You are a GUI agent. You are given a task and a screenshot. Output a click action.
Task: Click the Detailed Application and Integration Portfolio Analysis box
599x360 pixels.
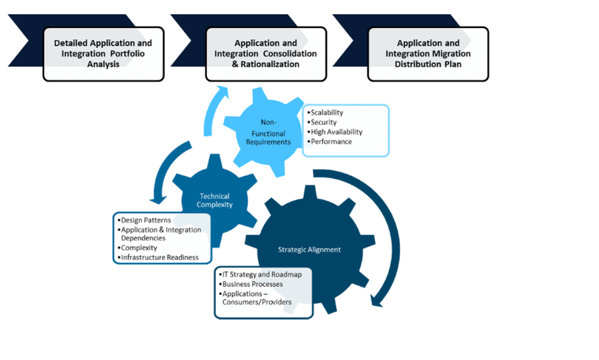point(102,54)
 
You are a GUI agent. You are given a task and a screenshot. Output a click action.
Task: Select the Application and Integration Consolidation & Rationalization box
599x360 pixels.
point(265,54)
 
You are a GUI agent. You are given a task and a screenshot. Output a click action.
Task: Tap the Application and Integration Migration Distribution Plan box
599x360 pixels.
point(428,54)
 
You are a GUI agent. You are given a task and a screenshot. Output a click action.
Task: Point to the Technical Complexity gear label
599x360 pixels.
point(214,201)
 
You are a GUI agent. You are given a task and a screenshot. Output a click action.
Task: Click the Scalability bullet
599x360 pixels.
point(328,112)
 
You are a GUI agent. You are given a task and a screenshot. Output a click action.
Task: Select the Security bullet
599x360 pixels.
point(324,122)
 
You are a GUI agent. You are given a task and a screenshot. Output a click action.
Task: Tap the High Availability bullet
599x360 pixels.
point(337,132)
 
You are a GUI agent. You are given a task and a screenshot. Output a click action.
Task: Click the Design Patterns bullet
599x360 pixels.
point(146,221)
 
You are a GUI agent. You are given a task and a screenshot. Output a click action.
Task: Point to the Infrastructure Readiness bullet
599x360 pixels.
point(160,257)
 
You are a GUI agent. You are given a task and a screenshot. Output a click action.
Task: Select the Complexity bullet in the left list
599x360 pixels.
point(139,248)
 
